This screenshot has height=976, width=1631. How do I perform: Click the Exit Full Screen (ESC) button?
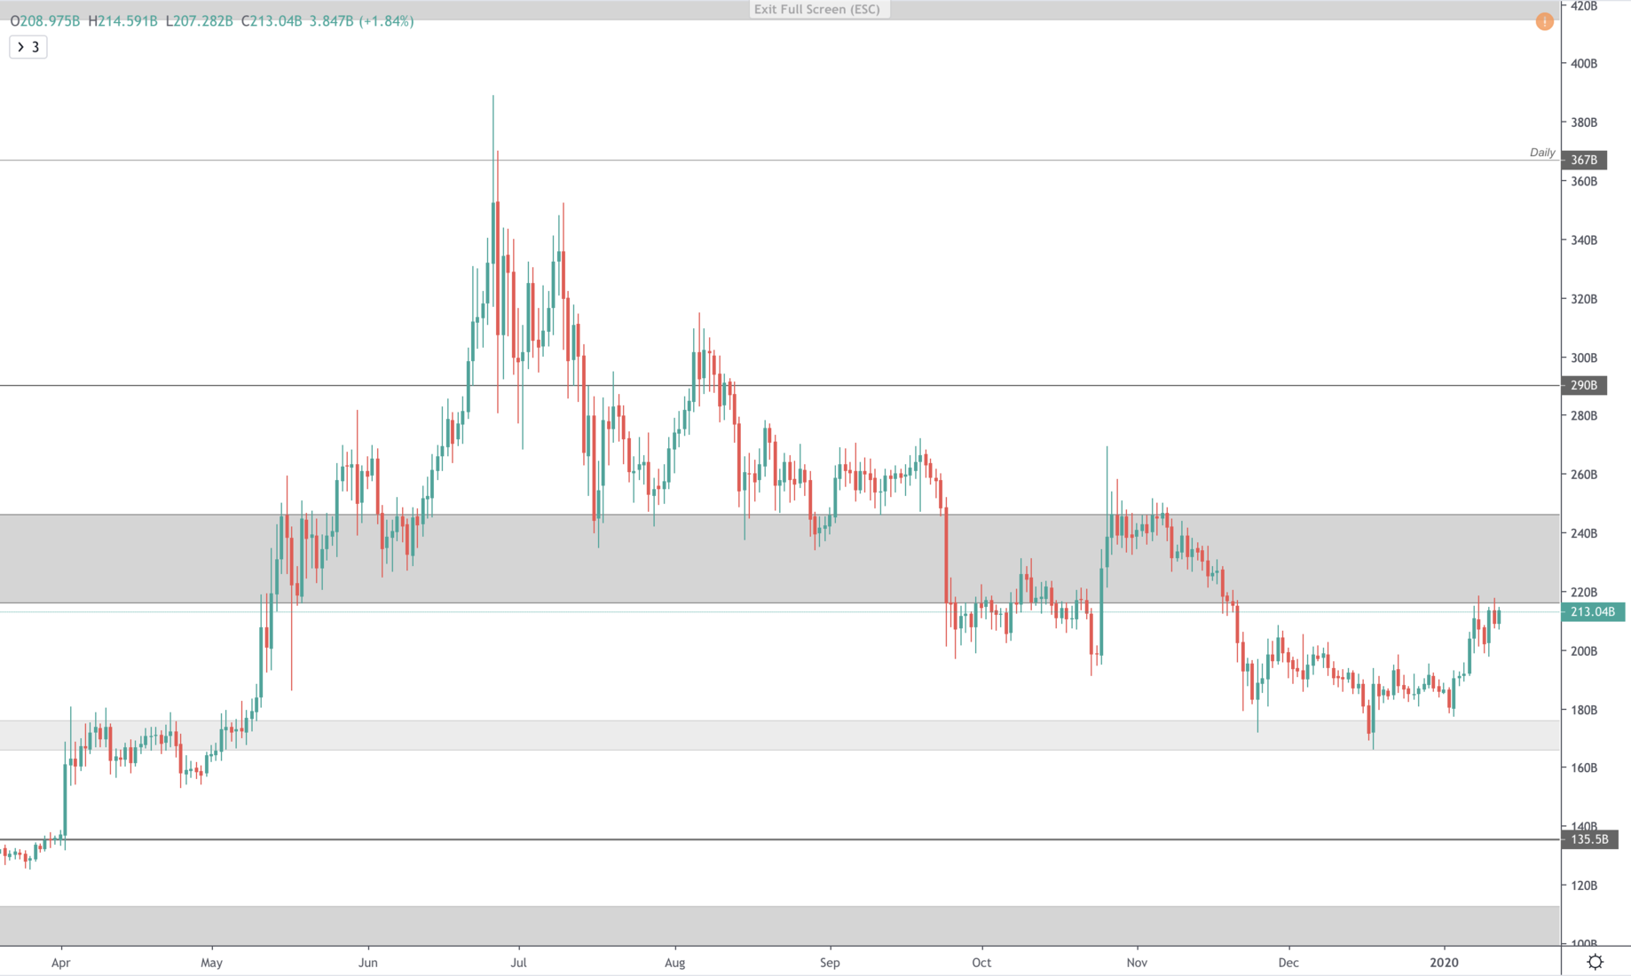pyautogui.click(x=817, y=10)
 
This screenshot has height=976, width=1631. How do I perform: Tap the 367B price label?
pyautogui.click(x=1584, y=160)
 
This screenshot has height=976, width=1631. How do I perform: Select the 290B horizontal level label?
pyautogui.click(x=1584, y=385)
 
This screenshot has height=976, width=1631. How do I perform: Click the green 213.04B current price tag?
pyautogui.click(x=1592, y=611)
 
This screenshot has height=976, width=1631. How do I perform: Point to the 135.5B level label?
pyautogui.click(x=1589, y=839)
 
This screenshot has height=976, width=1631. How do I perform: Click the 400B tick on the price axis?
pyautogui.click(x=1584, y=64)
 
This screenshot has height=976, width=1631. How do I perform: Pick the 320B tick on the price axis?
pyautogui.click(x=1584, y=299)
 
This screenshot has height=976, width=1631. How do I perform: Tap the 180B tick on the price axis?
pyautogui.click(x=1584, y=710)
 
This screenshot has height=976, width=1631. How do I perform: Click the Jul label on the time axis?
pyautogui.click(x=519, y=963)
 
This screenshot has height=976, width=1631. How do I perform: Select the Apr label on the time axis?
pyautogui.click(x=60, y=963)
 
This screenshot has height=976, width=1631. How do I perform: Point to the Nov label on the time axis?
pyautogui.click(x=1137, y=963)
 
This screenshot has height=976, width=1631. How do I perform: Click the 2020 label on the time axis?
pyautogui.click(x=1444, y=963)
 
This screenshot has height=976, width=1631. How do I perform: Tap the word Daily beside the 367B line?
pyautogui.click(x=1542, y=153)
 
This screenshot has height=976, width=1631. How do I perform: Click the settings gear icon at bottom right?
pyautogui.click(x=1595, y=962)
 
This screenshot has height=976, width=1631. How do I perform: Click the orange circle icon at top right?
pyautogui.click(x=1544, y=21)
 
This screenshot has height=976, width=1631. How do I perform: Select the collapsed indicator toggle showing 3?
pyautogui.click(x=28, y=47)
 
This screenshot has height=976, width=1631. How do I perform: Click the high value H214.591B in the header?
pyautogui.click(x=122, y=21)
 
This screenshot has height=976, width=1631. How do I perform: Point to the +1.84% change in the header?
pyautogui.click(x=387, y=21)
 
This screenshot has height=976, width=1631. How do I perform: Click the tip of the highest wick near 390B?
pyautogui.click(x=493, y=96)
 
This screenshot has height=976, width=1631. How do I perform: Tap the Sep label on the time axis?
pyautogui.click(x=830, y=963)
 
